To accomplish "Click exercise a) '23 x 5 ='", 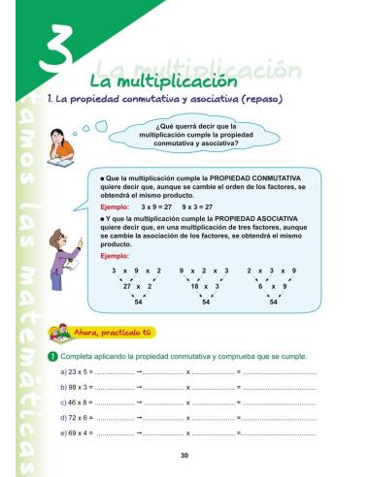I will coord(77,372).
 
